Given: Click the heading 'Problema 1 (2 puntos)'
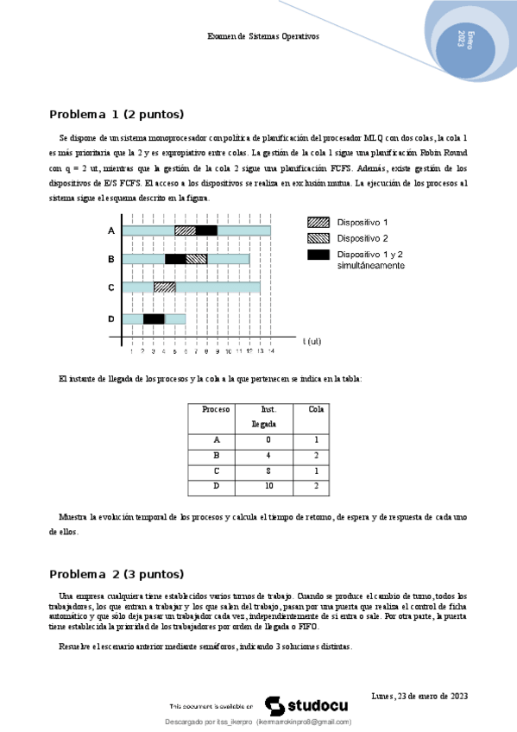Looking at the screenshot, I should tap(117, 114).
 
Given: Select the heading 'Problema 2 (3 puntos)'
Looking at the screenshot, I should tap(117, 574).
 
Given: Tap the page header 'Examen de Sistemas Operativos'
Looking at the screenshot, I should tap(263, 37).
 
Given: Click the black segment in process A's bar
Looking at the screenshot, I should tap(206, 230).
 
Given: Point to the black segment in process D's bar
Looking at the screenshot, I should tap(154, 319).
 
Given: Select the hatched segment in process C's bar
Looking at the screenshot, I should tap(164, 287).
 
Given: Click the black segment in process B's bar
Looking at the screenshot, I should tap(175, 259).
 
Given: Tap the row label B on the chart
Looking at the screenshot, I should tap(110, 259).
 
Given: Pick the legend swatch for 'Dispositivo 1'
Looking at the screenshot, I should tap(318, 222).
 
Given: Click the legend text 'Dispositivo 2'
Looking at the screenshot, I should tap(363, 238).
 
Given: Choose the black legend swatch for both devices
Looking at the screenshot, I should tap(318, 255).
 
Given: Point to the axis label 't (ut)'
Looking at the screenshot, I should tap(312, 342).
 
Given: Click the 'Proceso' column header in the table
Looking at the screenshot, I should tap(216, 409).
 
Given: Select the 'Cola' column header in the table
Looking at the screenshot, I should tap(317, 409).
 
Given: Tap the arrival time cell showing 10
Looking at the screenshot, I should tap(268, 487).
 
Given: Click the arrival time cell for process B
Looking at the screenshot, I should tap(268, 455).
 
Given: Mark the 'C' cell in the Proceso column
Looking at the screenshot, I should tap(216, 471).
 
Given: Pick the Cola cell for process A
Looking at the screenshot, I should tap(317, 439).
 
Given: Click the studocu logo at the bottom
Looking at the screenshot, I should tap(298, 705).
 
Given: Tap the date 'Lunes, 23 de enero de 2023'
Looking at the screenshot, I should tap(418, 696).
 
